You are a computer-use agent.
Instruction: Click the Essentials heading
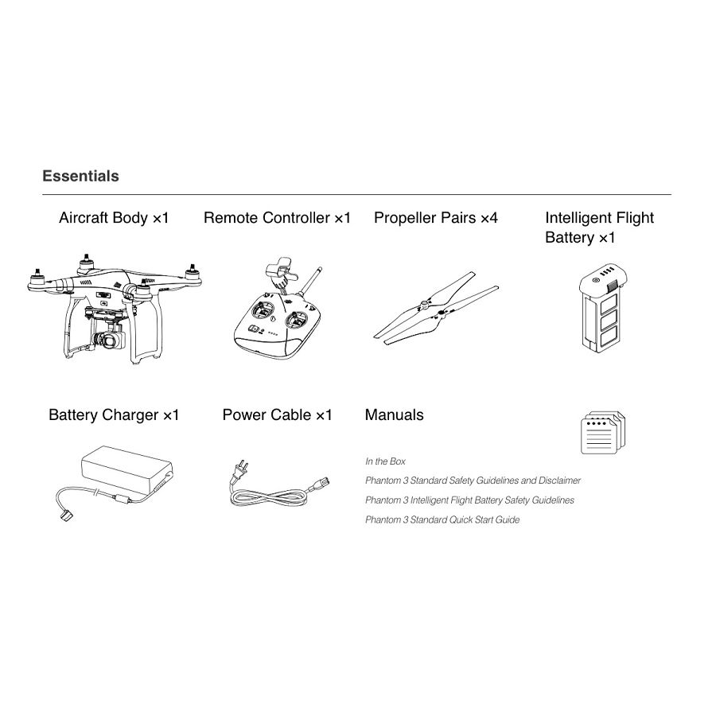[x=80, y=176]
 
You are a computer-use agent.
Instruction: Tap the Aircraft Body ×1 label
[x=114, y=218]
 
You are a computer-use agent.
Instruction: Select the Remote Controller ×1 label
[x=277, y=218]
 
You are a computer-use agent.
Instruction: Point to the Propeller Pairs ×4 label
[x=436, y=218]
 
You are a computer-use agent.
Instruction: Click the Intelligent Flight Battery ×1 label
[x=599, y=228]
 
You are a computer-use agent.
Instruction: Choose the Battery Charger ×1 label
[x=114, y=414]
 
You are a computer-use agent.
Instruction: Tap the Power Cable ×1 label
[x=277, y=414]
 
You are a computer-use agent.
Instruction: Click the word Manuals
[x=394, y=414]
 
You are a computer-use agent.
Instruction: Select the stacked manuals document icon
[x=603, y=433]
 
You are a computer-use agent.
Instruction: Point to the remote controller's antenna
[x=310, y=280]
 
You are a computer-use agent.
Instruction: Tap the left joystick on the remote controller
[x=263, y=313]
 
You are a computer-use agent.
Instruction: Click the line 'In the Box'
[x=385, y=461]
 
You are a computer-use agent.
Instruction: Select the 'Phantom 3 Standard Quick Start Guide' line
[x=442, y=519]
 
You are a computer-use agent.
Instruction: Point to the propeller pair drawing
[x=436, y=308]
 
